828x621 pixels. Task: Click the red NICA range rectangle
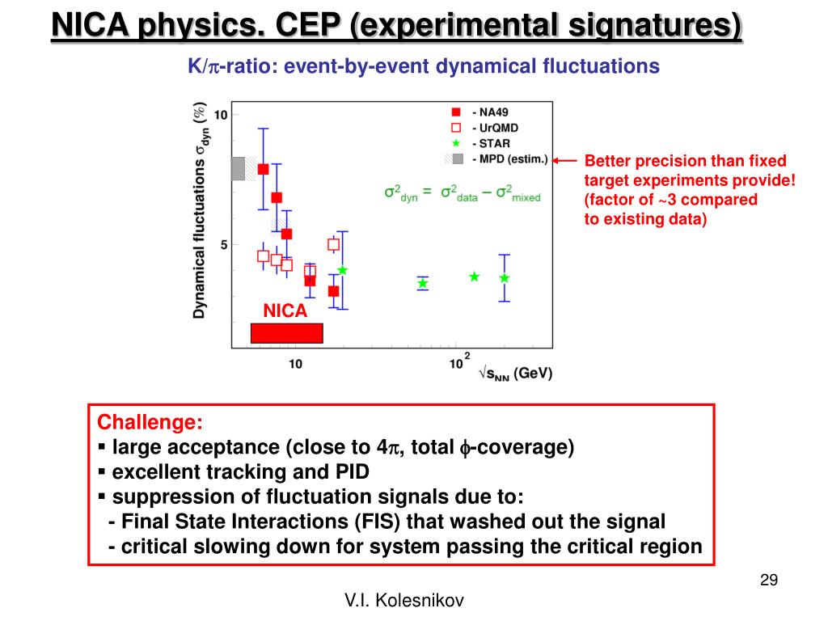(286, 333)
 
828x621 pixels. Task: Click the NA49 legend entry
(490, 112)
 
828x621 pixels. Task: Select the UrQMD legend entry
(493, 128)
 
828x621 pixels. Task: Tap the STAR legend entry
(490, 143)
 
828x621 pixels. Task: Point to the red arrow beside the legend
(566, 160)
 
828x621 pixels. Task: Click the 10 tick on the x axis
(295, 365)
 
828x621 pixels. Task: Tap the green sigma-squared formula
(462, 193)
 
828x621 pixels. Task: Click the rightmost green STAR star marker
(505, 278)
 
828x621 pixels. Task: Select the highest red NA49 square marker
(263, 169)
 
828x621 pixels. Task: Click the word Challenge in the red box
(150, 422)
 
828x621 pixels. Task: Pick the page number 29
(768, 580)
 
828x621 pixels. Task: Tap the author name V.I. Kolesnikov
(404, 600)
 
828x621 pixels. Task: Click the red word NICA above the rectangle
(285, 310)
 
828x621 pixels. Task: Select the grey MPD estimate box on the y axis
(238, 168)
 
